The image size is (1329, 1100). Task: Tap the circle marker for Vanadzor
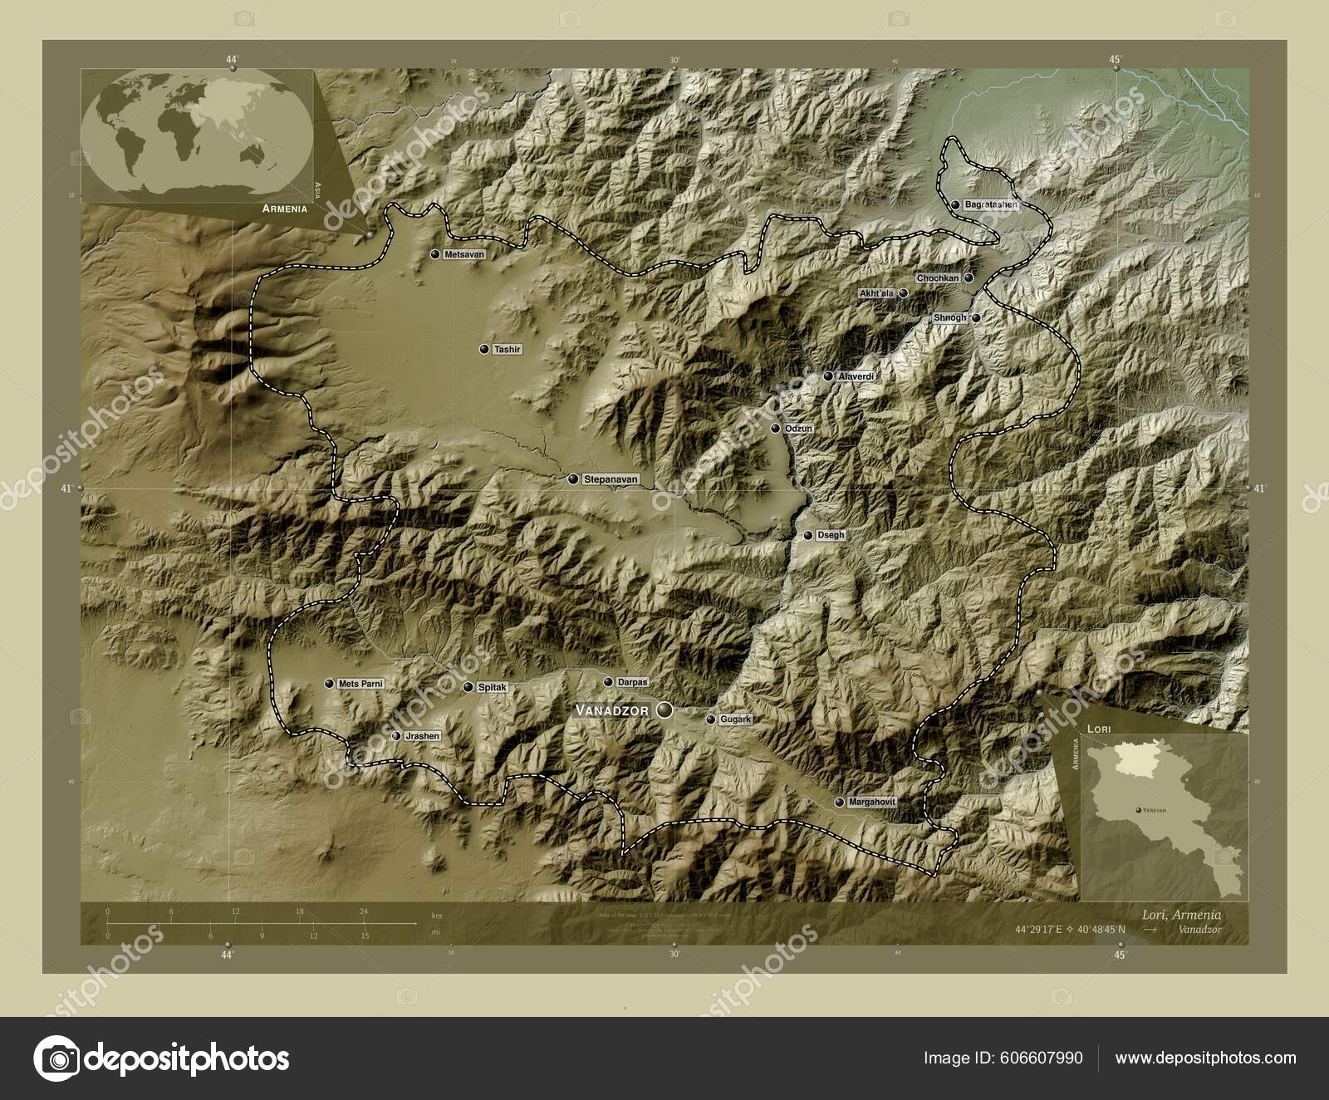(664, 710)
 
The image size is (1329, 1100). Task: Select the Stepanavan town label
(611, 479)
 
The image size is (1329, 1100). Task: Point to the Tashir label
(507, 350)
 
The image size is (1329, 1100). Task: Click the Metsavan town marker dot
(435, 253)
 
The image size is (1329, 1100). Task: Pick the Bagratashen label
(991, 204)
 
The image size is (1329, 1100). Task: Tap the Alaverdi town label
(856, 376)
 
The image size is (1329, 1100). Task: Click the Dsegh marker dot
(807, 536)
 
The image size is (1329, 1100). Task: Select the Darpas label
(633, 682)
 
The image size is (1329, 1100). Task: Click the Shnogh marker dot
(977, 317)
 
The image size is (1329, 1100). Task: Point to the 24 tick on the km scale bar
(363, 911)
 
